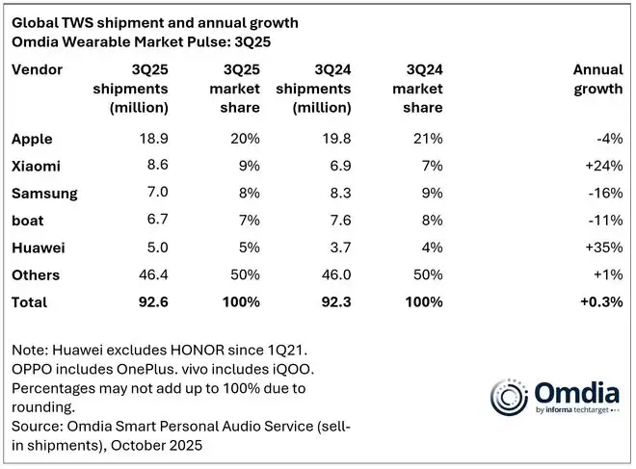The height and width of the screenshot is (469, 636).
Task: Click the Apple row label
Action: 32,139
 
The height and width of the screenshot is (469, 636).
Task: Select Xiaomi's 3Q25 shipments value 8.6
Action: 155,166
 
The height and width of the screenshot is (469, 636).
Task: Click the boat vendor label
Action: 27,220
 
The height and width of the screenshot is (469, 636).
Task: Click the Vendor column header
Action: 37,69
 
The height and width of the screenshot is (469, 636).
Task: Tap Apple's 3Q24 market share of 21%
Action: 428,139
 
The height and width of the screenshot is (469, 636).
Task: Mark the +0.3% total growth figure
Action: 599,301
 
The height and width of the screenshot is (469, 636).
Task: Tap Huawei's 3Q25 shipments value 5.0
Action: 155,248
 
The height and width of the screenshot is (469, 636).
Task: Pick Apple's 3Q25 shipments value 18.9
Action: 151,139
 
